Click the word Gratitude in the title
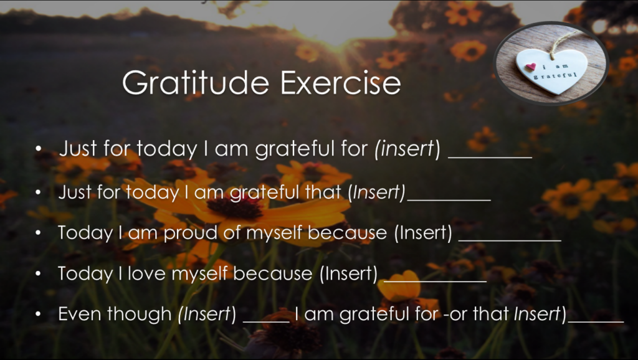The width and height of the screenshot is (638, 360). (x=196, y=83)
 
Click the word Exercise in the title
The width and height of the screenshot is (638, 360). (x=341, y=83)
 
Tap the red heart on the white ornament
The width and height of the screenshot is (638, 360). (x=531, y=66)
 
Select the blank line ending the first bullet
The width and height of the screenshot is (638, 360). (x=490, y=156)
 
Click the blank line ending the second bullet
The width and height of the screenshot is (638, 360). (x=449, y=200)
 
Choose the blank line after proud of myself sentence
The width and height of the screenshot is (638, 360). (x=510, y=240)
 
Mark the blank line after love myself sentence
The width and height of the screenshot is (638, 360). (x=436, y=281)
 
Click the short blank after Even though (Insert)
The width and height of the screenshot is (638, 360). (x=266, y=322)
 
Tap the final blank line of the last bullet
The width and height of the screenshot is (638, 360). (x=596, y=322)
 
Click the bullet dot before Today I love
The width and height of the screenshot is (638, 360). (x=38, y=274)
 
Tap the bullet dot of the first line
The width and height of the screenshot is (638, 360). (x=38, y=149)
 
